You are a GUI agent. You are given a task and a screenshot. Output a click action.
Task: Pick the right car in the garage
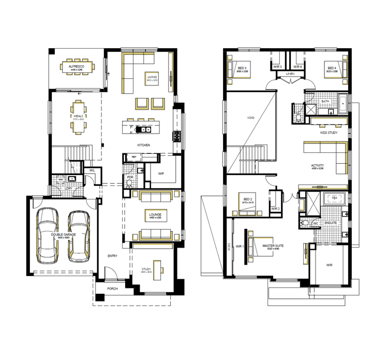[79, 235]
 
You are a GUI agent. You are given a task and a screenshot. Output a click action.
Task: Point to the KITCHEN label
[143, 145]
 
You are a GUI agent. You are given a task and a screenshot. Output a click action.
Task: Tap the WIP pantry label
[161, 174]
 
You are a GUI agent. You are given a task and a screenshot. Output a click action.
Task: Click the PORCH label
[112, 289]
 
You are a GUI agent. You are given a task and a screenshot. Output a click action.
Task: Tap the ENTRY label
[112, 256]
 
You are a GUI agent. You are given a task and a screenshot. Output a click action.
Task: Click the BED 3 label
[242, 68]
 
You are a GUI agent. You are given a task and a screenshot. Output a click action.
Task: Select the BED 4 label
[331, 68]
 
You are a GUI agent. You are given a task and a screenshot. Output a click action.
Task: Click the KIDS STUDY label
[329, 134]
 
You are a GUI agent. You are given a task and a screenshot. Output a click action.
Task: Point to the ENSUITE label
[331, 223]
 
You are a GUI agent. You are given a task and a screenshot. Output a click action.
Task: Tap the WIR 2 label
[275, 208]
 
